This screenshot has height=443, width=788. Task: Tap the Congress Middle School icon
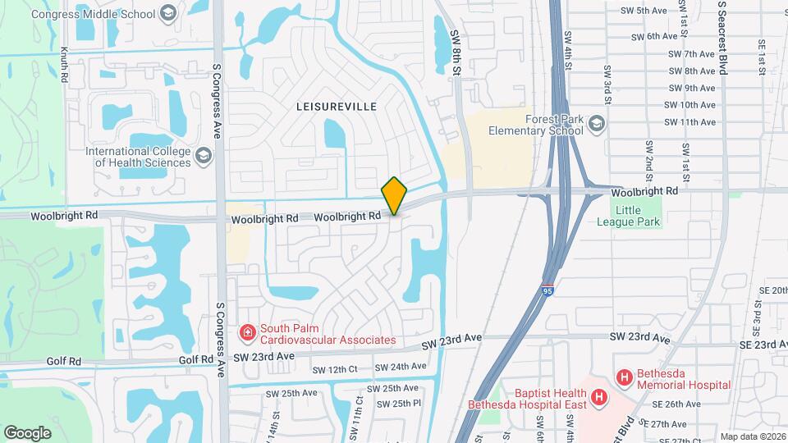click(x=169, y=13)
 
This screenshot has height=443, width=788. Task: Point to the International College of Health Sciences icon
click(x=203, y=155)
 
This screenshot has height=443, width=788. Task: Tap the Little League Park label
click(x=639, y=216)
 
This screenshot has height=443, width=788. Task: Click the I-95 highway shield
click(x=548, y=290)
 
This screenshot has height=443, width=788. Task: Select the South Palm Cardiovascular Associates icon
click(x=246, y=332)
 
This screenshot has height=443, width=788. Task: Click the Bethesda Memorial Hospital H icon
click(x=625, y=377)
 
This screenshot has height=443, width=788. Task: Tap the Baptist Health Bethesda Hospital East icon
click(x=600, y=398)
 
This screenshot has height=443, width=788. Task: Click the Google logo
click(x=27, y=432)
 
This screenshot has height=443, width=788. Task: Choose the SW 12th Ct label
click(x=335, y=369)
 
